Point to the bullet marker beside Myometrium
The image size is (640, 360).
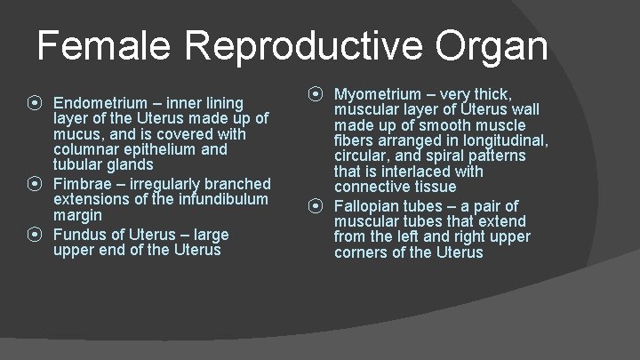click(316, 92)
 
